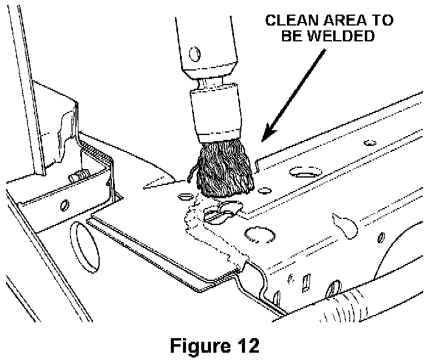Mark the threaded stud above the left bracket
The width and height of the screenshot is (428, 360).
point(78,176)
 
